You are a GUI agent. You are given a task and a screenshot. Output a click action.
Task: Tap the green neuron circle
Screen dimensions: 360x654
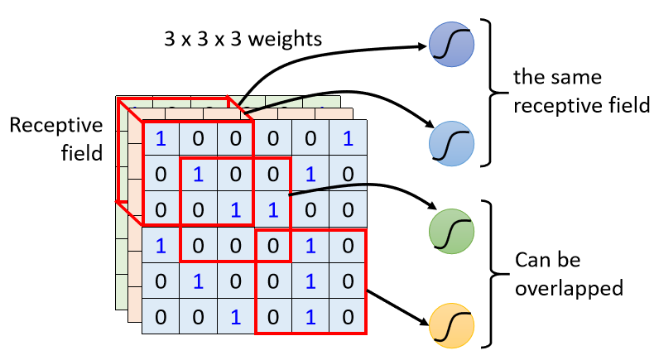click(x=451, y=230)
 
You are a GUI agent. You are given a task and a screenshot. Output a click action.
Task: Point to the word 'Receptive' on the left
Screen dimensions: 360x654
click(x=56, y=126)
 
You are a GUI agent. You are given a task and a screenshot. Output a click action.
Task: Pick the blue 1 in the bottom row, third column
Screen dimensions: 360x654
click(x=236, y=315)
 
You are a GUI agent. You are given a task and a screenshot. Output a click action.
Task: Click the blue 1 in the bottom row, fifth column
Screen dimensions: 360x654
click(x=310, y=315)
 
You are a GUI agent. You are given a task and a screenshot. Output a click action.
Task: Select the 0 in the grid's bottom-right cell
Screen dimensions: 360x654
click(x=348, y=315)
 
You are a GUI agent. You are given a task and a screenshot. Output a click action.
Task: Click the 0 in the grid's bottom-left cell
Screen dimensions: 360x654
click(x=161, y=315)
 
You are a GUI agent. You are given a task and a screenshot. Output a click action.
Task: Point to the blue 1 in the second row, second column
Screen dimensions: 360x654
click(x=199, y=175)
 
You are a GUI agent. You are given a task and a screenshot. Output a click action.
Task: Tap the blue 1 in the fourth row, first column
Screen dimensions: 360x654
click(x=161, y=245)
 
